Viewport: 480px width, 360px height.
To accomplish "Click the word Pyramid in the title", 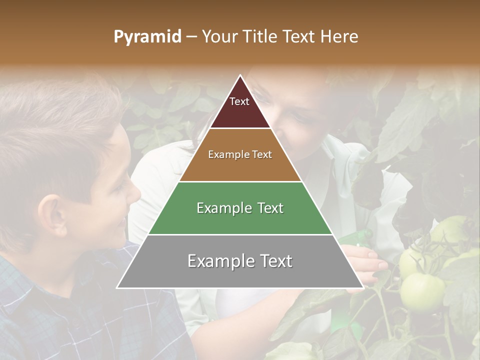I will point(147,37).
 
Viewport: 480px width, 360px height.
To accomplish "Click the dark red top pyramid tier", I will point(240,112).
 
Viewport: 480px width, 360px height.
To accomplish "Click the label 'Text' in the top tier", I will point(239,101).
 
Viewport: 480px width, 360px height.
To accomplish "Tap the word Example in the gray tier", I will point(216,261).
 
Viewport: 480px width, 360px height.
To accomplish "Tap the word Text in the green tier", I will point(267,208).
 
